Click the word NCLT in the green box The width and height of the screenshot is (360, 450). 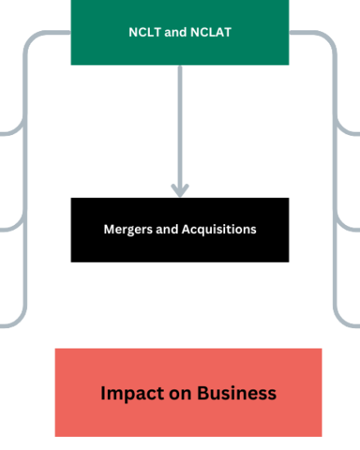(x=145, y=32)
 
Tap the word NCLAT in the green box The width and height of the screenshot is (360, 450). (x=211, y=32)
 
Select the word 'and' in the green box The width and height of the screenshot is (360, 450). (x=176, y=32)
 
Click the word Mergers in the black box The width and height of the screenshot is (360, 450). (x=128, y=230)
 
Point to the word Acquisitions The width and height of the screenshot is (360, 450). (x=219, y=230)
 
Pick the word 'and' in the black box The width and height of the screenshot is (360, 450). (x=167, y=229)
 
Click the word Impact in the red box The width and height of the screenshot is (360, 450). (x=132, y=394)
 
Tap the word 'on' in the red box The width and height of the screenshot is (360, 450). (x=180, y=394)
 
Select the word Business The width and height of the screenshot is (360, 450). (x=236, y=393)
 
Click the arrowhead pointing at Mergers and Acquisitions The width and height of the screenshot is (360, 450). (x=180, y=191)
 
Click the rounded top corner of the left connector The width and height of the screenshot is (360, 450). (x=33, y=38)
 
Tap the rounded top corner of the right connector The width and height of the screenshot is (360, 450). (x=327, y=38)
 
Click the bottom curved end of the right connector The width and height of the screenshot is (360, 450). (x=346, y=322)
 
